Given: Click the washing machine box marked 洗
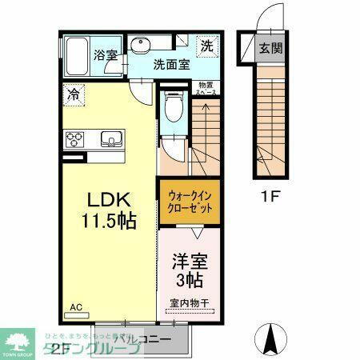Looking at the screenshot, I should tap(206, 46).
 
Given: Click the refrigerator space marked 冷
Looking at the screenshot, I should tap(73, 94).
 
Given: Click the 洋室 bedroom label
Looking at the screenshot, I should tap(190, 262).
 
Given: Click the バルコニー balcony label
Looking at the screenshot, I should tap(144, 340).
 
